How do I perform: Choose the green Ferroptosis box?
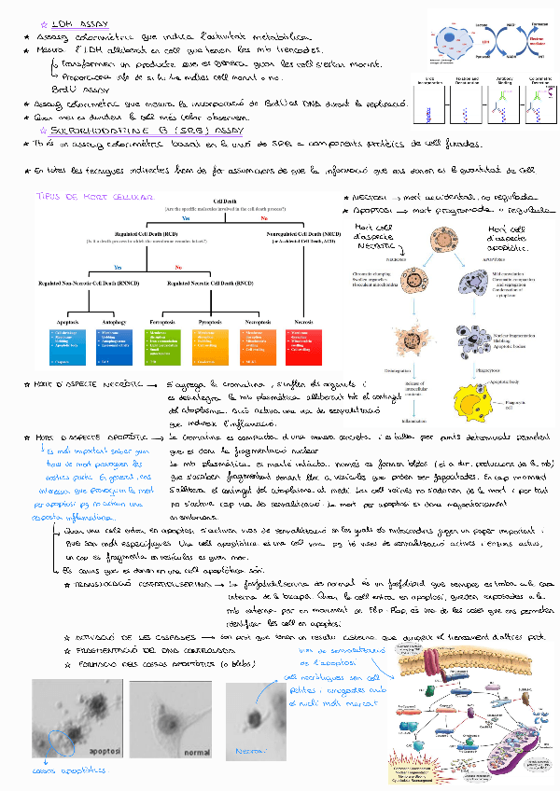163,342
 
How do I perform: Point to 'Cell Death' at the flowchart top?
225,202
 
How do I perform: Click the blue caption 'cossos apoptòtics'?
71,770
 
